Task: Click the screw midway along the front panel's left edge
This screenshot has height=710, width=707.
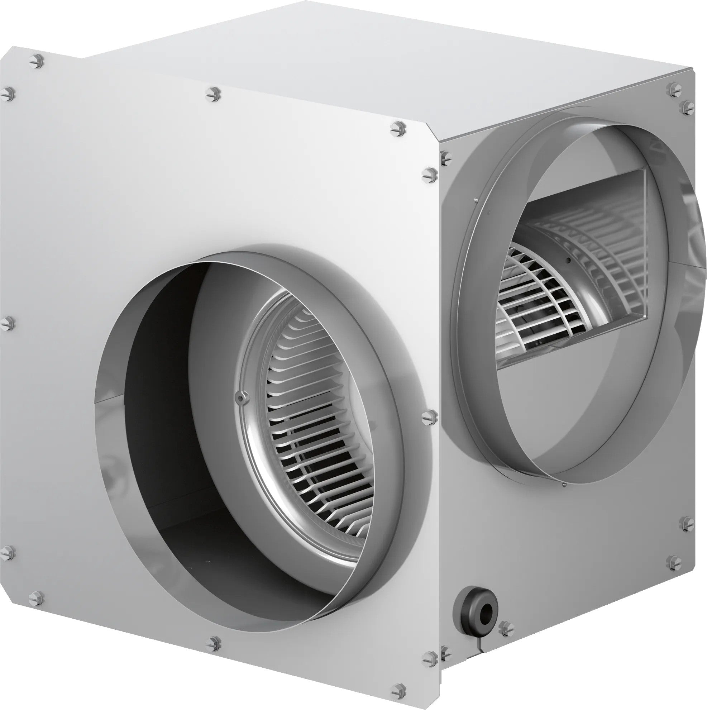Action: [x=8, y=323]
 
